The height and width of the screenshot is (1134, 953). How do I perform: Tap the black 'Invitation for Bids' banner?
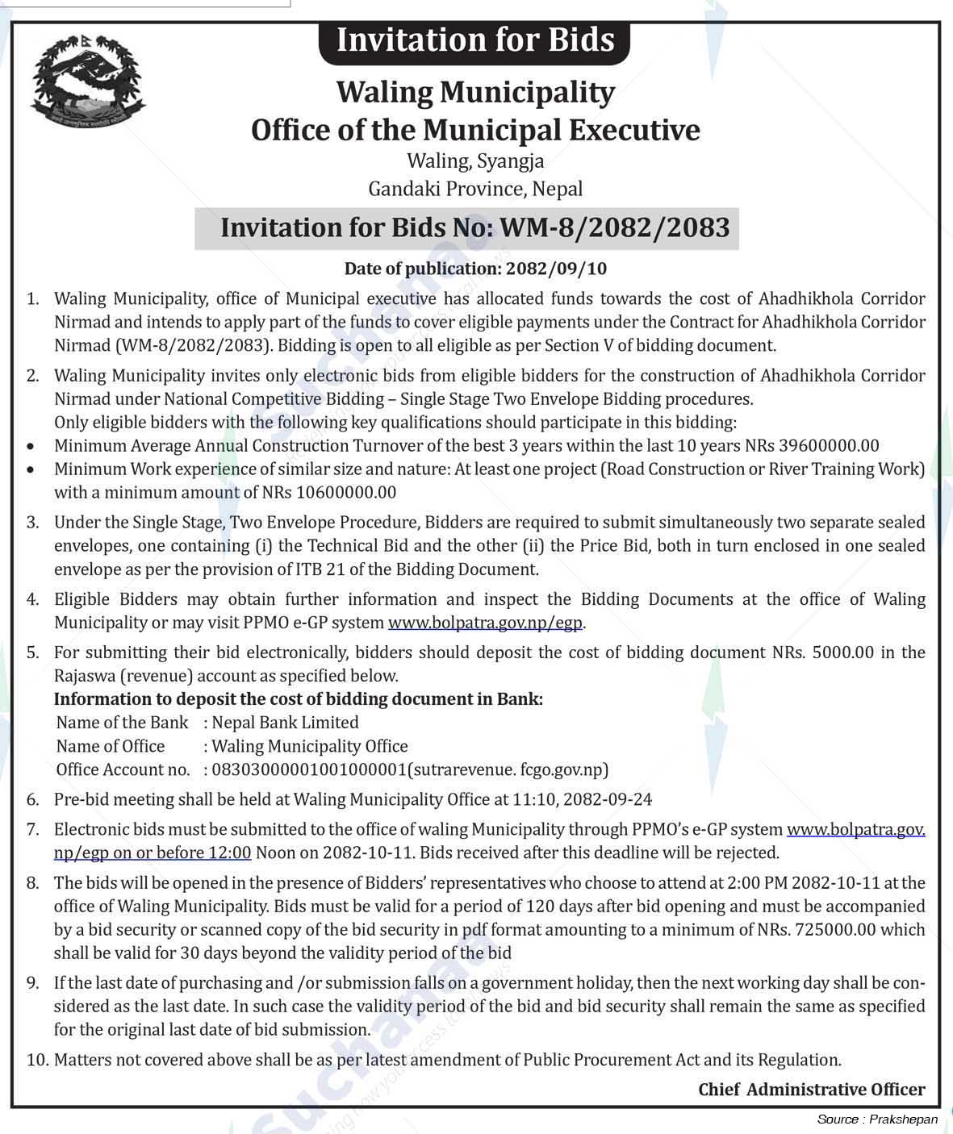pyautogui.click(x=474, y=40)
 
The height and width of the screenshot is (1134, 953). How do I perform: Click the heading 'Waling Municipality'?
pyautogui.click(x=475, y=92)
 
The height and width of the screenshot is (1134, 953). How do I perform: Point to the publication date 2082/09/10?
pyautogui.click(x=556, y=269)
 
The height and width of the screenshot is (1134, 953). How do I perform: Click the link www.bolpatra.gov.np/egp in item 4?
pyautogui.click(x=485, y=623)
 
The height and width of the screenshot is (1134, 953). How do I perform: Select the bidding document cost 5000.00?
pyautogui.click(x=842, y=652)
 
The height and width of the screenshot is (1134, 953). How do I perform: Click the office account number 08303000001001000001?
pyautogui.click(x=309, y=770)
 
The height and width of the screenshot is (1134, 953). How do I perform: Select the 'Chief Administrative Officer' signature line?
pyautogui.click(x=812, y=1090)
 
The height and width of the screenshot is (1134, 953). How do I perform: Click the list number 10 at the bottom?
pyautogui.click(x=37, y=1060)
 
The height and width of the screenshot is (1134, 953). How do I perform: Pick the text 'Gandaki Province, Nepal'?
pyautogui.click(x=475, y=190)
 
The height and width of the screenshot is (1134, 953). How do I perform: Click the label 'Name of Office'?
pyautogui.click(x=111, y=747)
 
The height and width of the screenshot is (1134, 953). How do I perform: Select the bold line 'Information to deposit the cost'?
pyautogui.click(x=298, y=699)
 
